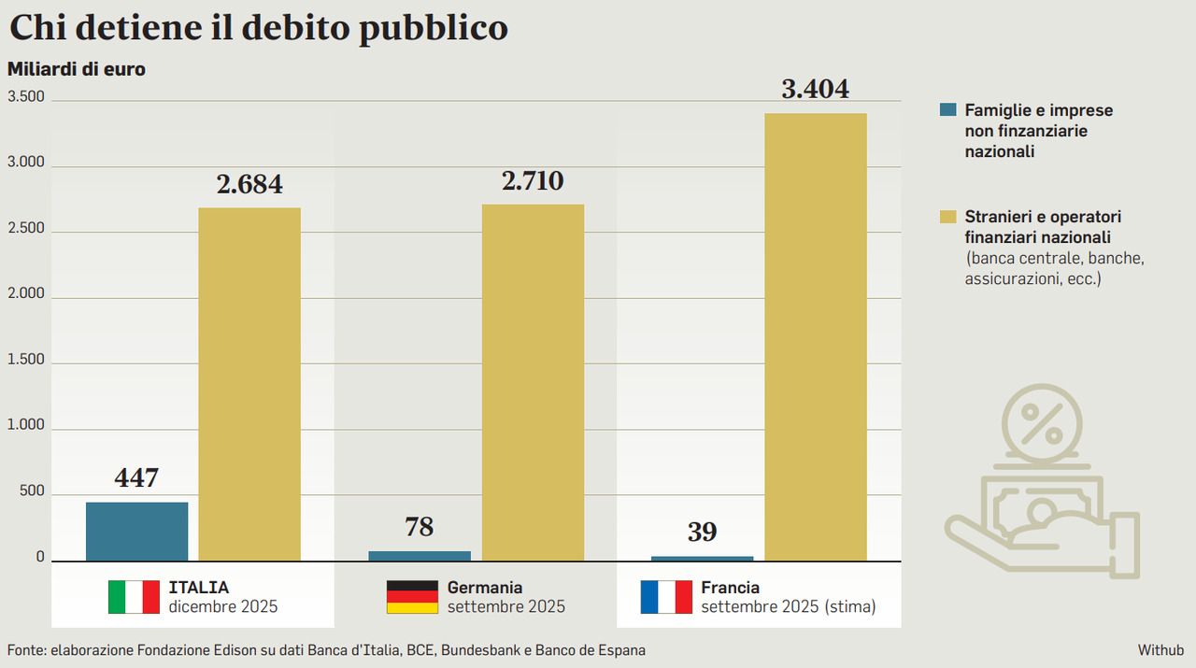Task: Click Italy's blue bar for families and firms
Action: (136, 532)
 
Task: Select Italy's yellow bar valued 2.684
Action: (249, 384)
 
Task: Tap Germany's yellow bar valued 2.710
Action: (533, 382)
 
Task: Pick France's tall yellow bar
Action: (816, 336)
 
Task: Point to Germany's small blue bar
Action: (420, 556)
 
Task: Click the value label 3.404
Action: (816, 90)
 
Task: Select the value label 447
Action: (136, 478)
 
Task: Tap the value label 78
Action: (420, 527)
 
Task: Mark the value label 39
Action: (702, 533)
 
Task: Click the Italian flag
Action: (134, 597)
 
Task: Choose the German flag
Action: (412, 597)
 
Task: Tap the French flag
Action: (665, 597)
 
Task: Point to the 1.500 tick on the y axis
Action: (26, 360)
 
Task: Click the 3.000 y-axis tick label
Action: (26, 163)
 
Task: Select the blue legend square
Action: (948, 110)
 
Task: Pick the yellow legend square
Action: (948, 217)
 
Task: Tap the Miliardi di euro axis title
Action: (77, 69)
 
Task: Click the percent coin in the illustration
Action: (1041, 422)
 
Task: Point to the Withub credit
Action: (1160, 649)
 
